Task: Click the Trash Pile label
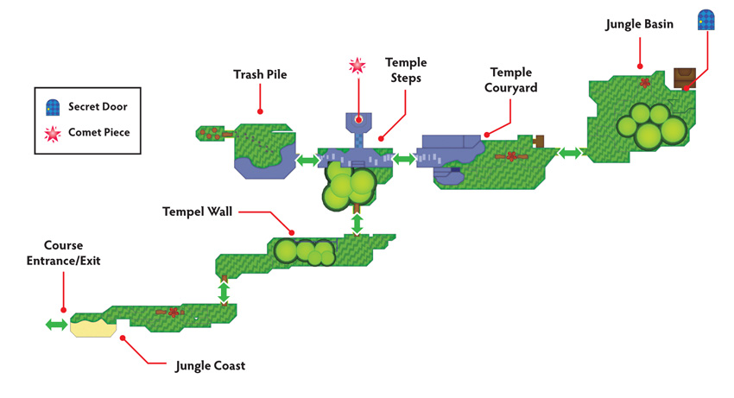point(260,74)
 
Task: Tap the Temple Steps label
point(406,70)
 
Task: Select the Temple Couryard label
point(510,80)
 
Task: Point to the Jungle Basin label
point(639,24)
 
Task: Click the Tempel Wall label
point(197,212)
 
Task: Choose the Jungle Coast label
point(210,366)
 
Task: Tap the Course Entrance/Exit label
point(63,253)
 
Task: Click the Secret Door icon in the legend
point(53,107)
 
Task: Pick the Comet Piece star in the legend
point(53,134)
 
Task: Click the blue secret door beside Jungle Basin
point(706,20)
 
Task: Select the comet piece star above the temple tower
point(358,66)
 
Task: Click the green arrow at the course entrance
point(57,325)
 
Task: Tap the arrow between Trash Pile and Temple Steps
point(307,161)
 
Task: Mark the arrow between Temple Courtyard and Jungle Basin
point(570,153)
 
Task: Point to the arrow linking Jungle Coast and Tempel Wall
point(224,292)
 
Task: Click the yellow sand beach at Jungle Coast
point(93,327)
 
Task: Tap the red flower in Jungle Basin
point(645,83)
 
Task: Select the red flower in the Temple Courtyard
point(512,156)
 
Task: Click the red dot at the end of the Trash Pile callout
point(260,111)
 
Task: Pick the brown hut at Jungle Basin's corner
point(685,79)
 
